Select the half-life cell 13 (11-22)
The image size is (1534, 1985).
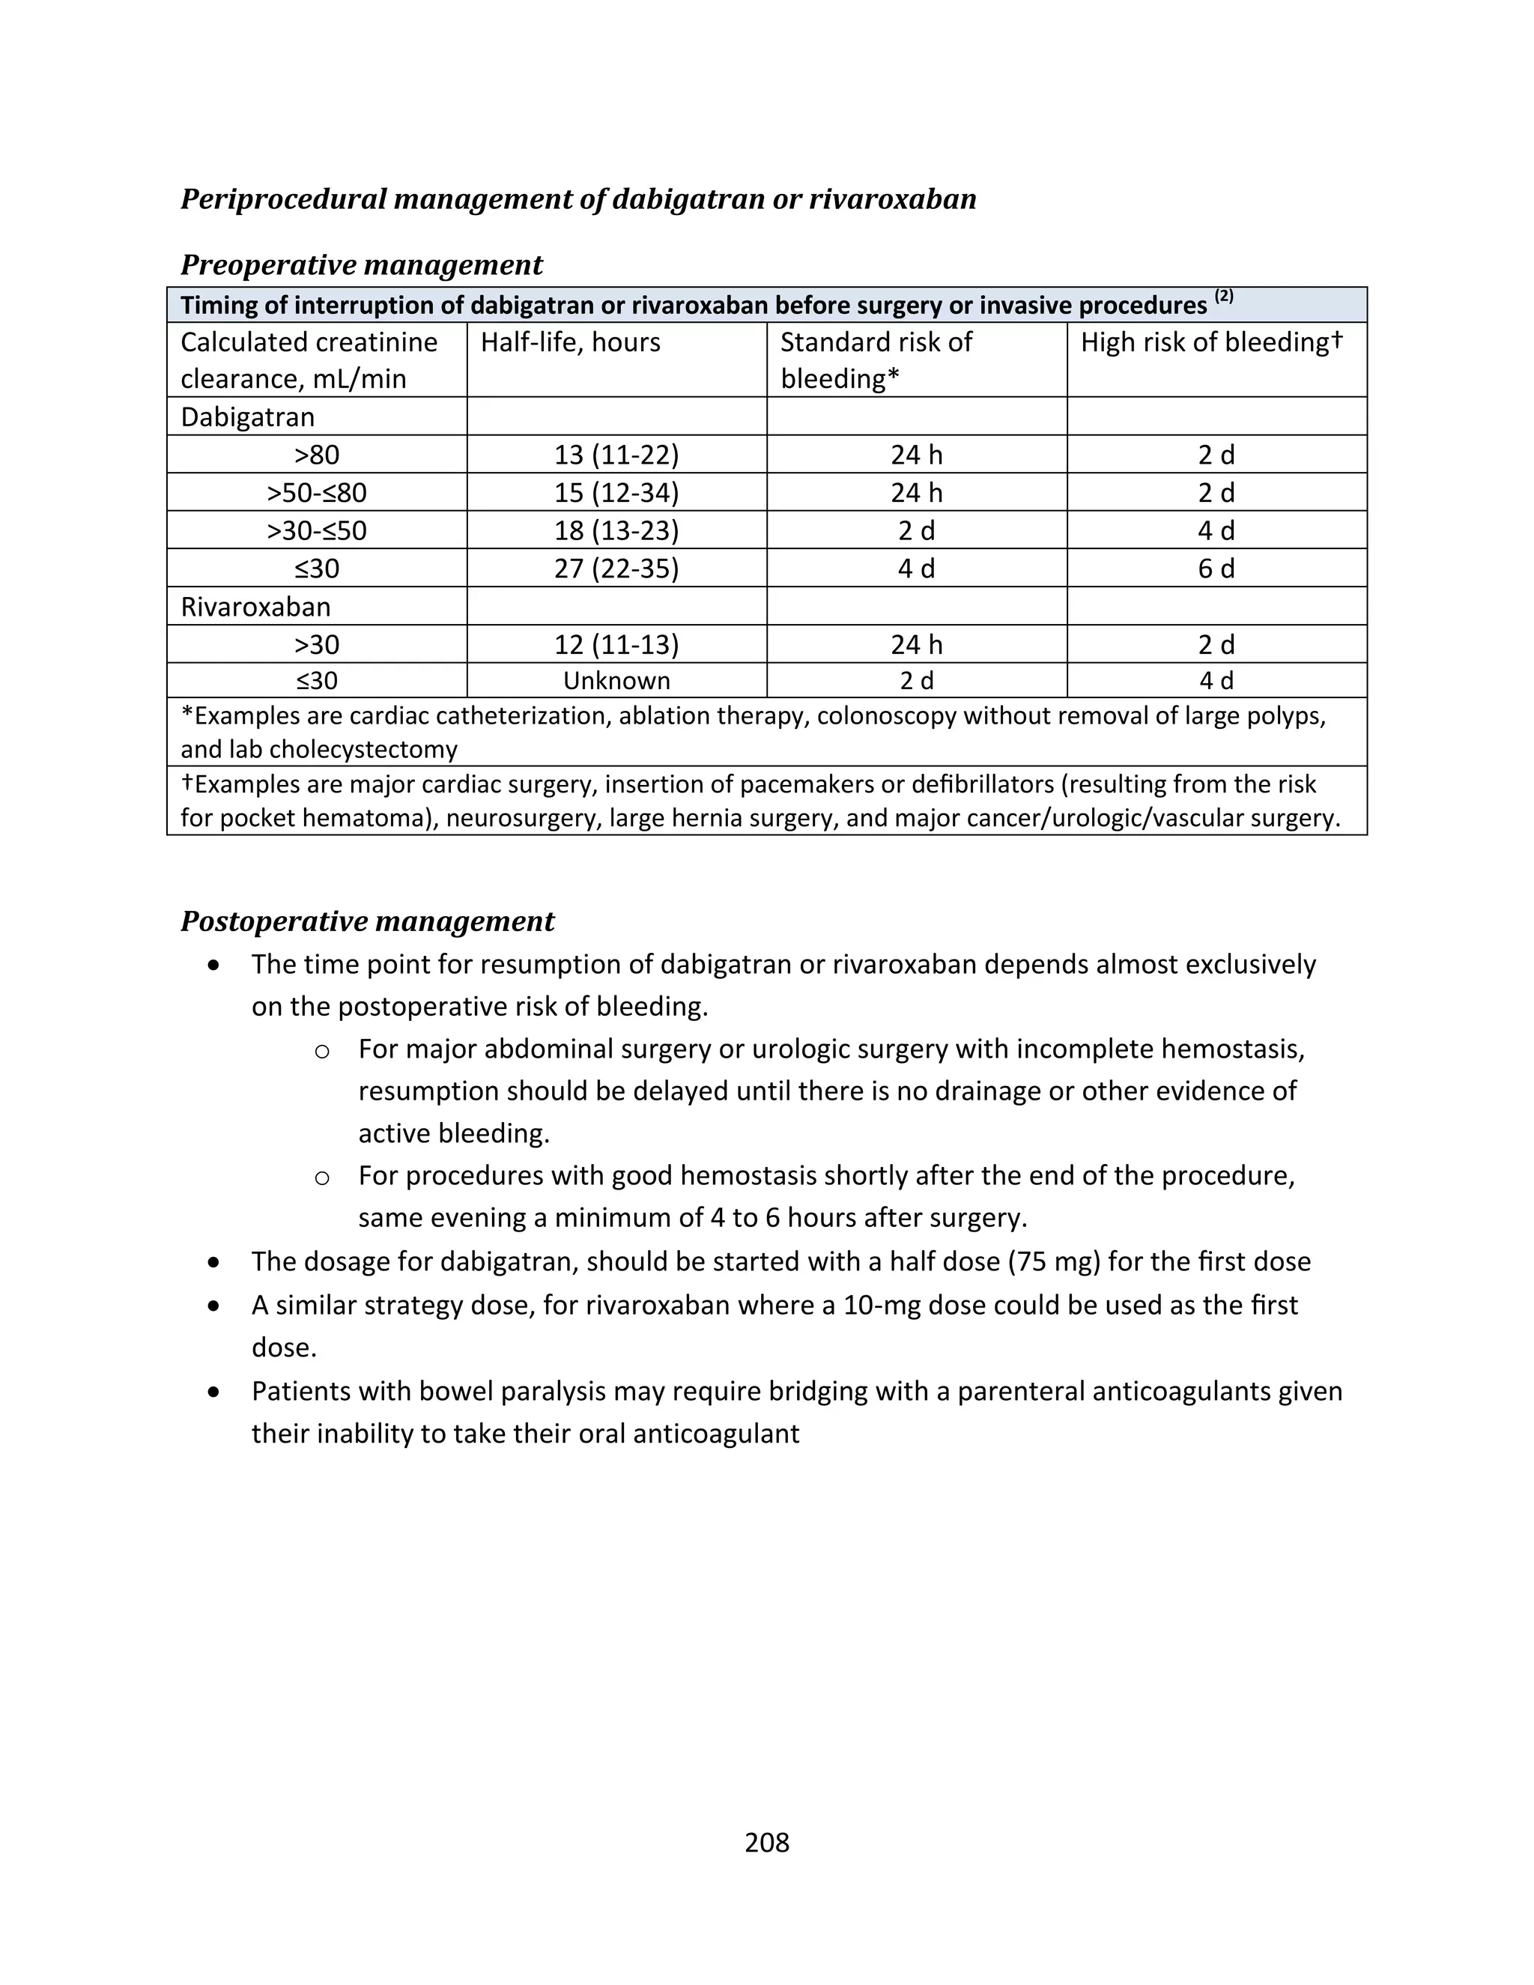point(616,455)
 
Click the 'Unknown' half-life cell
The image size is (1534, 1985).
point(616,680)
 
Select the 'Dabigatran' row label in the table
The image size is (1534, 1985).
point(247,417)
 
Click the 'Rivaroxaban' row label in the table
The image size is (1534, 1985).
point(255,606)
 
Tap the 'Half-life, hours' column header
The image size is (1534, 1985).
point(570,342)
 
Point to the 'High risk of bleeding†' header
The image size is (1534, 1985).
point(1211,342)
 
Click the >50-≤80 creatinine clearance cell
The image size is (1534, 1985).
point(316,493)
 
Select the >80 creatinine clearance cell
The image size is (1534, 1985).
point(316,455)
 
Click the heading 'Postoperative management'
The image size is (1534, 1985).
point(367,921)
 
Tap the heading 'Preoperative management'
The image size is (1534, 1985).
point(361,264)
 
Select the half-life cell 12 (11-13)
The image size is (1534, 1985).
point(616,644)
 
